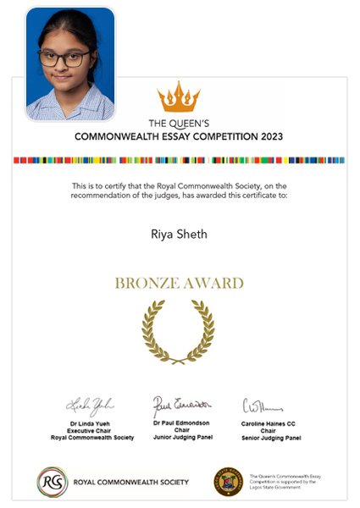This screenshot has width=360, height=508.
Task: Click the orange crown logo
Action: pos(178,97)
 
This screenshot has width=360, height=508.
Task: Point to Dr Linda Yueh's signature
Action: pos(89,403)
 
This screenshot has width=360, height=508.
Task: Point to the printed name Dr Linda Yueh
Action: pos(89,422)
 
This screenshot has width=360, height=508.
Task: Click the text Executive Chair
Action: pos(89,430)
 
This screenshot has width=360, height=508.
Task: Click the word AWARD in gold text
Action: pos(211,283)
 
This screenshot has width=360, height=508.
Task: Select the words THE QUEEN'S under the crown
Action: pos(179,122)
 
